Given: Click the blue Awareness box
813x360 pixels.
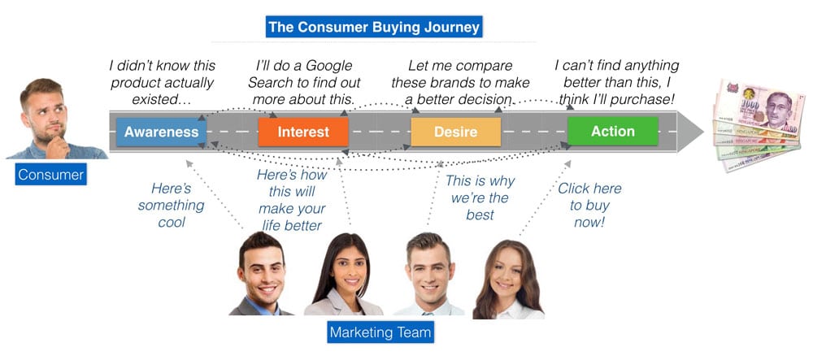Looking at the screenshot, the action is pos(161,132).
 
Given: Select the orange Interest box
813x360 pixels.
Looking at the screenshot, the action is pos(303,132).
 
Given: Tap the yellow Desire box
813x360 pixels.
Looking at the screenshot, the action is pos(456,132).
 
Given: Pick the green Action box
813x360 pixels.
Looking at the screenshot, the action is pos(613,132).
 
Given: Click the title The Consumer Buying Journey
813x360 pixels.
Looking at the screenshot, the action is pos(374,27).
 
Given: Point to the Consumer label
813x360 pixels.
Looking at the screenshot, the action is pos(50,174).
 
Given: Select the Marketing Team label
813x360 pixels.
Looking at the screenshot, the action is pos(380,332).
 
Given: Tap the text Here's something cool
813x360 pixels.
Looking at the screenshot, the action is pos(171,205).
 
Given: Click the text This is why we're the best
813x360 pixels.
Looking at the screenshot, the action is pos(480,197).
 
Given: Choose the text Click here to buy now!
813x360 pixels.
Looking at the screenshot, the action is pos(589,205).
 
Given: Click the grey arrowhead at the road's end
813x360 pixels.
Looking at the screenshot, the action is pos(690,132).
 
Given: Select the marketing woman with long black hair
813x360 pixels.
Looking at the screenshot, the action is pos(344,275).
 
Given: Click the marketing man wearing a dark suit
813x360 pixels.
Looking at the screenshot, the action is pos(262,274).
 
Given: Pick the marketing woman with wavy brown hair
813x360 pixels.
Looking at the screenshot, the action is pos(507,280).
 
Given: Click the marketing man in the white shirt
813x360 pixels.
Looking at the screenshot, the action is pos(428,275).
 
